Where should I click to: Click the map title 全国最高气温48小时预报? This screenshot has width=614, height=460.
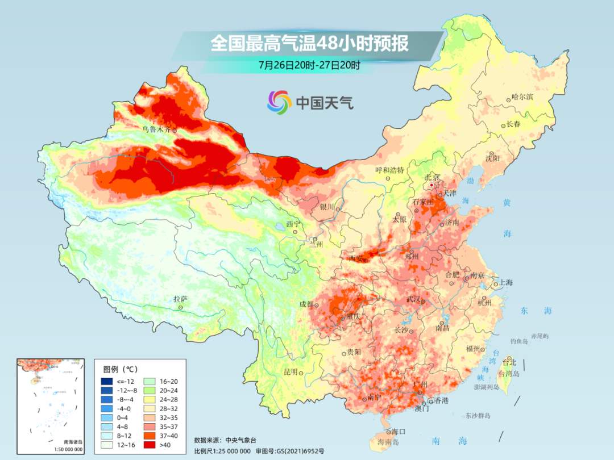[309, 44]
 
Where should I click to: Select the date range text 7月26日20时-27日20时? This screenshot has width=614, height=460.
[309, 65]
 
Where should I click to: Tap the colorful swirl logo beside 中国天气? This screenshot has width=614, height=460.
[279, 102]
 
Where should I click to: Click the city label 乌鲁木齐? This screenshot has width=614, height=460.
[156, 129]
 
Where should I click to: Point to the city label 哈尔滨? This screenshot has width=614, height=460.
[522, 97]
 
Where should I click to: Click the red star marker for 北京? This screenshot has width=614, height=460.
[432, 185]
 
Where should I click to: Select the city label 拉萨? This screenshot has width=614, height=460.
[180, 299]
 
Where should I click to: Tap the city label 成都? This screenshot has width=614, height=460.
[306, 304]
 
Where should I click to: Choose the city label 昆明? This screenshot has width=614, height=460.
[291, 371]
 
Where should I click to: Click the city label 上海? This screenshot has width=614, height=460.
[506, 282]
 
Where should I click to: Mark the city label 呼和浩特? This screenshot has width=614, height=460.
[389, 170]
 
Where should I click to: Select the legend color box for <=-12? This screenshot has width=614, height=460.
[107, 381]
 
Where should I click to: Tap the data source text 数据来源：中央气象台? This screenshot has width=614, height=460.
[226, 440]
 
